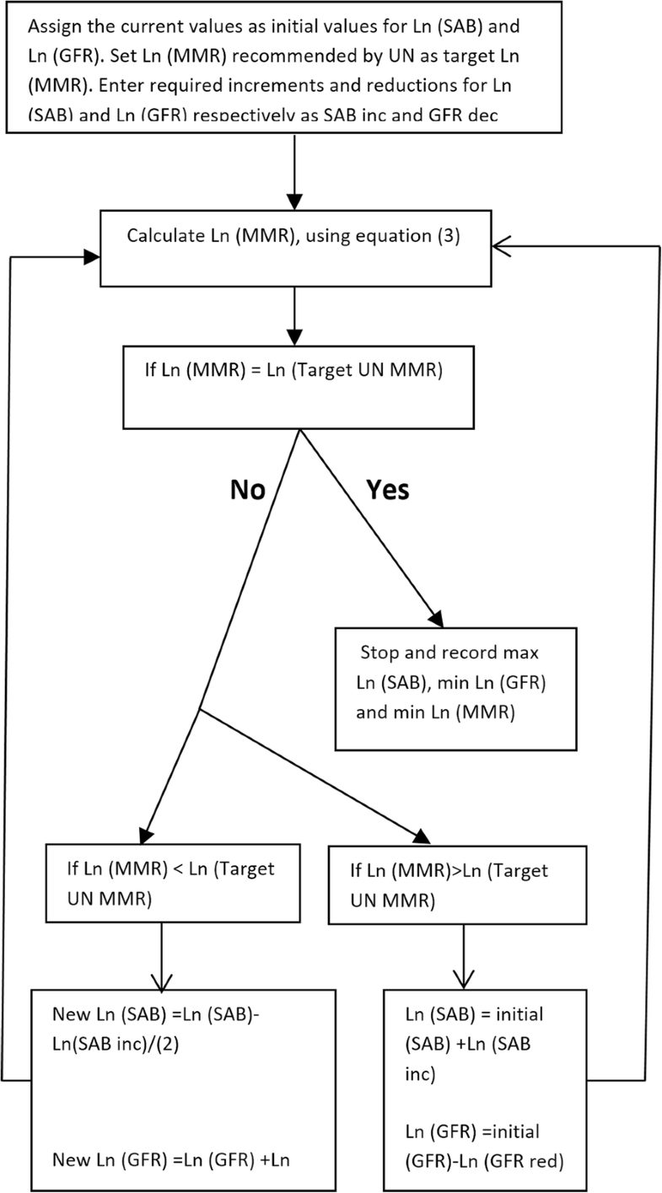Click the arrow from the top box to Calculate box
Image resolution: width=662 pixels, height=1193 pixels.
pyautogui.click(x=293, y=169)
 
